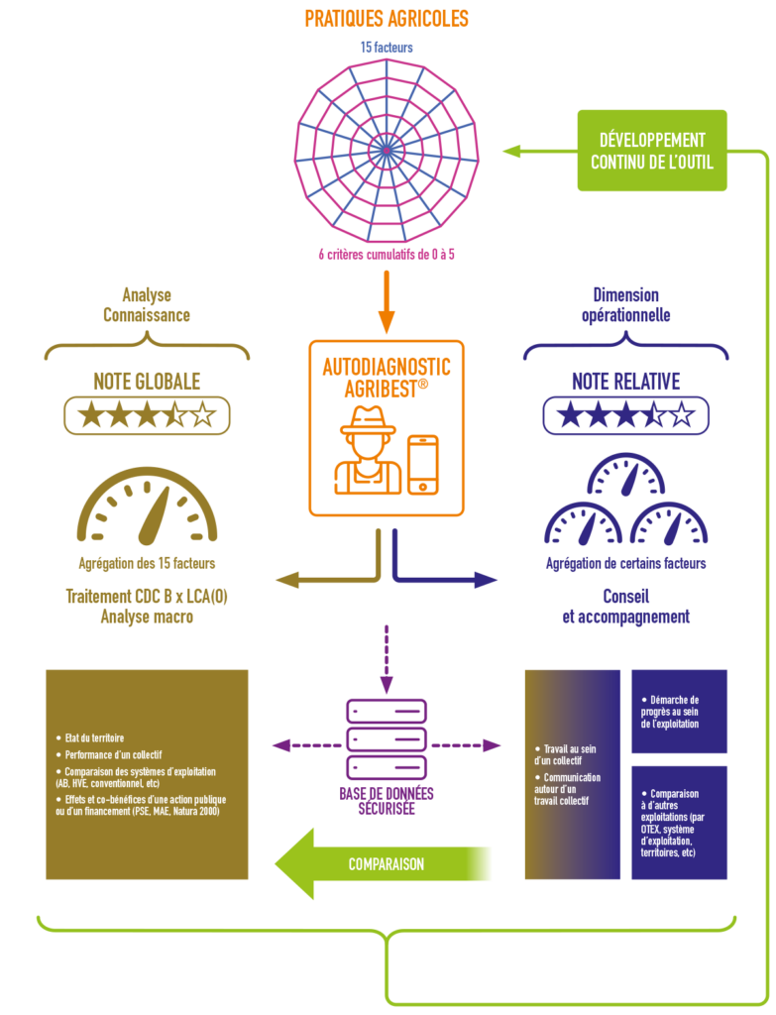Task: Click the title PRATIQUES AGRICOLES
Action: (x=387, y=19)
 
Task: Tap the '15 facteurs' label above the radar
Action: (x=387, y=48)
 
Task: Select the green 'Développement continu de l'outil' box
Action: (x=652, y=151)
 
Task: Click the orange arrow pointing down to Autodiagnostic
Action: (x=387, y=301)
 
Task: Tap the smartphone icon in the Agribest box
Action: (x=422, y=465)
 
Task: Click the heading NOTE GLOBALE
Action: (x=147, y=382)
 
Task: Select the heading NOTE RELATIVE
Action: (x=625, y=382)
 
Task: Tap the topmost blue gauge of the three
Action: (x=625, y=475)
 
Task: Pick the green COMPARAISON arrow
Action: (x=382, y=863)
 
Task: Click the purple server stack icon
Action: (x=387, y=739)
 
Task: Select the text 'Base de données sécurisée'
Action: (x=387, y=801)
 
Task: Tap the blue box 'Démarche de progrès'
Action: (x=679, y=712)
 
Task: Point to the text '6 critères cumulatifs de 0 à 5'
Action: (x=387, y=255)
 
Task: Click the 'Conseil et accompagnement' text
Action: (x=625, y=607)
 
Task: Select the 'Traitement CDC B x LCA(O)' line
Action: (x=147, y=596)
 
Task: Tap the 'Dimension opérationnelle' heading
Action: (x=625, y=305)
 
